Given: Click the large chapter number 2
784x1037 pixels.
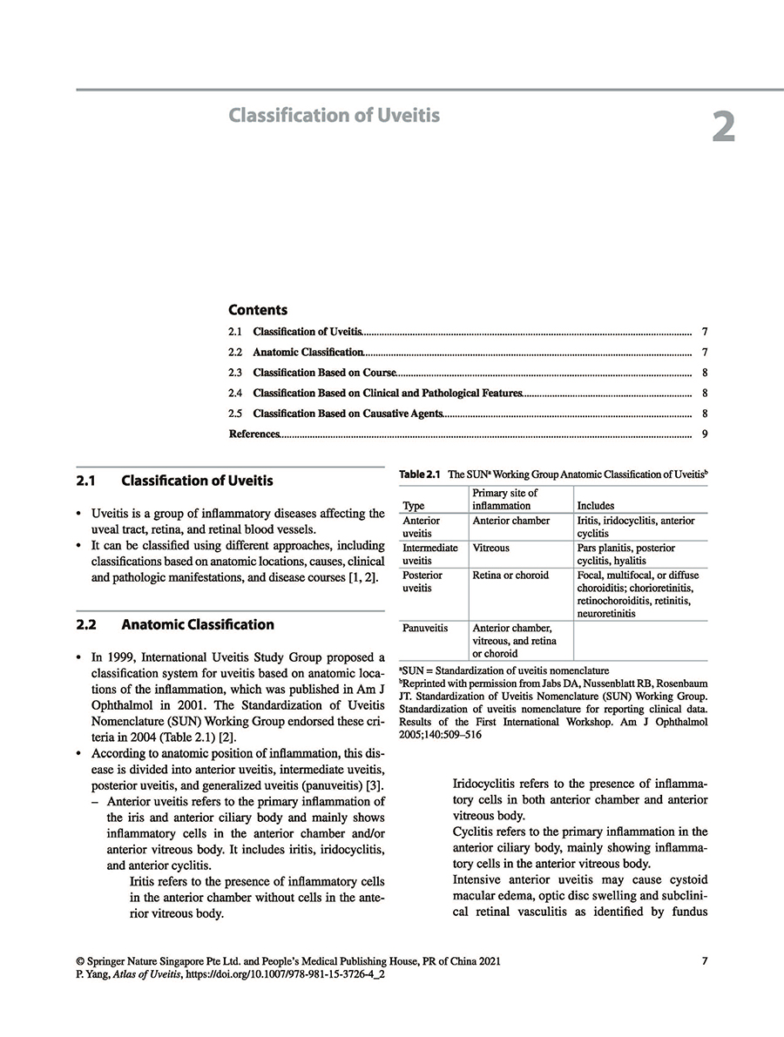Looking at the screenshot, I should pos(723,127).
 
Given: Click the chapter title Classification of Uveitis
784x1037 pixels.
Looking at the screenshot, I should pos(334,115).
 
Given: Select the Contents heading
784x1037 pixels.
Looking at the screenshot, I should pos(258,310).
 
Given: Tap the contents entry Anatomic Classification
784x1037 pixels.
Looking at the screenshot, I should pos(308,353).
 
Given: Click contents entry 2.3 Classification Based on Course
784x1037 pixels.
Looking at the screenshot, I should pos(324,373).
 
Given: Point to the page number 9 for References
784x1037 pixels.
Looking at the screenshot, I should pos(703,434).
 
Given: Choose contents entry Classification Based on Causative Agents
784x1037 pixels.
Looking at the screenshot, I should pos(348,414).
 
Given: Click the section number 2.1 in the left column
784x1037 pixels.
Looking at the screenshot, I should pos(86,481).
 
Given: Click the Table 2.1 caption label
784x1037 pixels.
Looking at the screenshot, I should pos(420,475).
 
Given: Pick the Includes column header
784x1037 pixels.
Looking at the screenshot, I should pos(596,505).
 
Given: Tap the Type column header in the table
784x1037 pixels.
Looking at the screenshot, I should pos(414,505).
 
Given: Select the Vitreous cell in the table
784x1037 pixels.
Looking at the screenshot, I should pos(491,549).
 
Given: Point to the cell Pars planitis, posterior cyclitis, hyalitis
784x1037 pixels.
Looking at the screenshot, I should pos(625,555).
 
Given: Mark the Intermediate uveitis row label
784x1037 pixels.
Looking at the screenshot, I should pos(429,555).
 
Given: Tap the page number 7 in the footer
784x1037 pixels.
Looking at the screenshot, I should pos(704,961).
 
